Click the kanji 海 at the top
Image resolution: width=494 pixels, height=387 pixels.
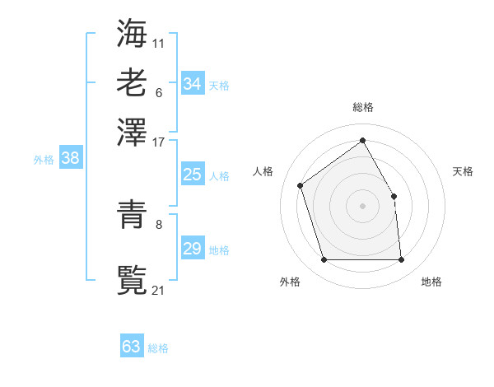[x=132, y=33]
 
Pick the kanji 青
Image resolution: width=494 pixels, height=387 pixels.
[x=132, y=216]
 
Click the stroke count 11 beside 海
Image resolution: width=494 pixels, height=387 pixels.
[x=159, y=42]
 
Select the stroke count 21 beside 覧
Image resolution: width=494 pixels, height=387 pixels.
[x=159, y=289]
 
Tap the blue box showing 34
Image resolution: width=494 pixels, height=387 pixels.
[x=192, y=84]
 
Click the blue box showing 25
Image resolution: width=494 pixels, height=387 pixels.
[x=192, y=175]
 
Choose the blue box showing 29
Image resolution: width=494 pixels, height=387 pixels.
[x=192, y=249]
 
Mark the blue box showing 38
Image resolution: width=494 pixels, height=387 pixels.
[x=70, y=159]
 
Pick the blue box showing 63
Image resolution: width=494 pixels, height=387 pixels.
[x=132, y=347]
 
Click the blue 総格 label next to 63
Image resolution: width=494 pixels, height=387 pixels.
[x=159, y=348]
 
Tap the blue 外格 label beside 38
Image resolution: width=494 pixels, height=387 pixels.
[x=44, y=160]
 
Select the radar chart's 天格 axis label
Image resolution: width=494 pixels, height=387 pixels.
[x=463, y=171]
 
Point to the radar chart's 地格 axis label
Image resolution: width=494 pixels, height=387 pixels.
[x=431, y=282]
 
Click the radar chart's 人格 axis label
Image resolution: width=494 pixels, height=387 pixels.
[x=263, y=171]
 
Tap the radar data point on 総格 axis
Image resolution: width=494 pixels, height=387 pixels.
[x=362, y=140]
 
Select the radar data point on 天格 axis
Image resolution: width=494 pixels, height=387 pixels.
[x=394, y=196]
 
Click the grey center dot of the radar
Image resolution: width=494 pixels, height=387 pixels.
[x=362, y=206]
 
